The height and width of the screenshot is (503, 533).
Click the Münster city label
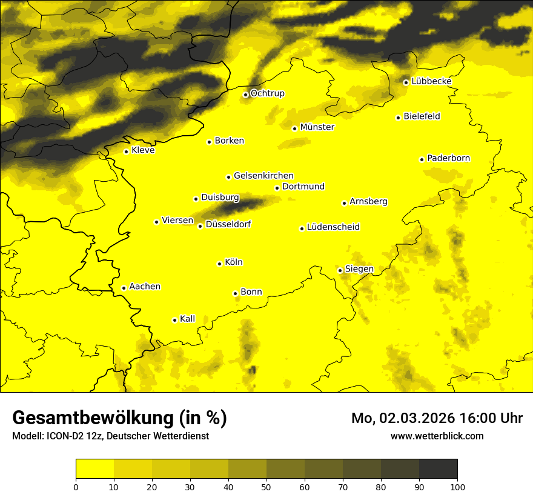(317, 127)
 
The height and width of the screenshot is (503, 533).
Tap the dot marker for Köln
(219, 264)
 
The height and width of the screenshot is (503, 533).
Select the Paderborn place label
(448, 158)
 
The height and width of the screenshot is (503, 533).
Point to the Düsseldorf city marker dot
(200, 226)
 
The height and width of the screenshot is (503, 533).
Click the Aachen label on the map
(145, 287)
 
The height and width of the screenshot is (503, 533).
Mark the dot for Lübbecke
(406, 82)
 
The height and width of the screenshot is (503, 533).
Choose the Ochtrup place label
(267, 93)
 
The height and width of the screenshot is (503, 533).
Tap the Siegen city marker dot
(340, 270)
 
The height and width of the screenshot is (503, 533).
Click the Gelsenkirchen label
(263, 176)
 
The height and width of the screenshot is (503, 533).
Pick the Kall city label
(187, 319)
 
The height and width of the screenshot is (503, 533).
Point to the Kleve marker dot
(126, 152)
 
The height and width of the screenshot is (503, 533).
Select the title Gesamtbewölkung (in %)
(119, 418)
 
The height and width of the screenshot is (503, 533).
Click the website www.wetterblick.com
(437, 436)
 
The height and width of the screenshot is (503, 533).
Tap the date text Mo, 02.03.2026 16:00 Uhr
(437, 418)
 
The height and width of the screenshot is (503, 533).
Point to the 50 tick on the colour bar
(266, 486)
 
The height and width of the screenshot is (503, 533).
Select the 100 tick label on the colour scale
(457, 486)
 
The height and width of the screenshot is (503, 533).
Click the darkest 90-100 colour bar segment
(438, 469)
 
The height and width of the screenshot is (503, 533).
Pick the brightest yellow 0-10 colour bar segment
(94, 469)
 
